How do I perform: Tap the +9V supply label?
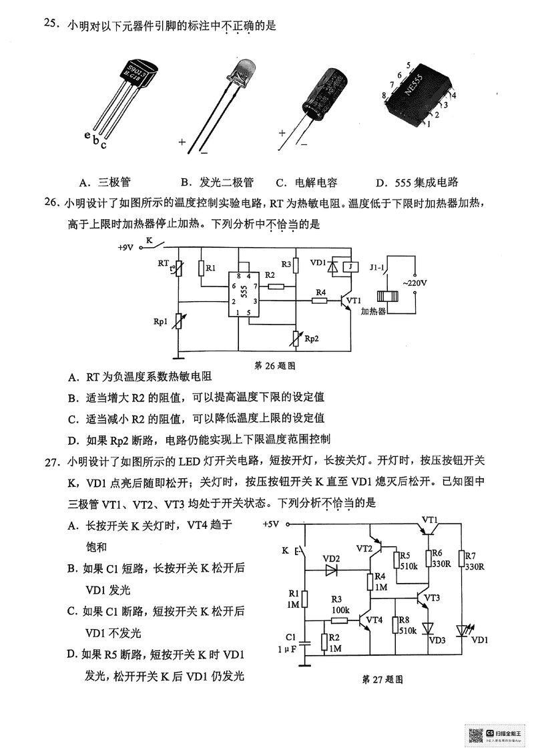(125, 246)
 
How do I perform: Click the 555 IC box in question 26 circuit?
(244, 293)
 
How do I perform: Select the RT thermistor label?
(164, 262)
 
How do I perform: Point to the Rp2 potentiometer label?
(311, 339)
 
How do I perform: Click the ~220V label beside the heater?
(414, 284)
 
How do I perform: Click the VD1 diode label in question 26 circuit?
(318, 262)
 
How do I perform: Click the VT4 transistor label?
(374, 620)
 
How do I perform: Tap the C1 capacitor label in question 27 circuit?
(290, 636)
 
